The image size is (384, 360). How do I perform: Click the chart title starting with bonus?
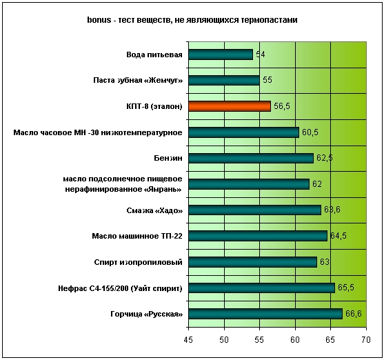(x=192, y=20)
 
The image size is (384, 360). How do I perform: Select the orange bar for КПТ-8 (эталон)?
(x=230, y=106)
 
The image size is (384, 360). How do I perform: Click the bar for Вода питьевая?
(x=221, y=54)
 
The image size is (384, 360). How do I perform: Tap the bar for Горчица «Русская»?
(x=265, y=314)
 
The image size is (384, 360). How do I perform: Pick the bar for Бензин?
(x=251, y=158)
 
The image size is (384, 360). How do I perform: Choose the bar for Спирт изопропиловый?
(x=253, y=262)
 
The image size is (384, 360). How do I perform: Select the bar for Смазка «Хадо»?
(x=254, y=210)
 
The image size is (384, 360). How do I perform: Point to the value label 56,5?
(x=282, y=106)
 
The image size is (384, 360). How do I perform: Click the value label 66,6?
(x=354, y=314)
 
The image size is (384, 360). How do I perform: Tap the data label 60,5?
(x=310, y=132)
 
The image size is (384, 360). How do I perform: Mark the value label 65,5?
(x=346, y=288)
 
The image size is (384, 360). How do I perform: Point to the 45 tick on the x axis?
(x=188, y=340)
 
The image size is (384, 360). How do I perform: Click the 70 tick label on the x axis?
(x=366, y=340)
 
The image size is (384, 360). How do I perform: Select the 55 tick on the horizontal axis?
(x=259, y=340)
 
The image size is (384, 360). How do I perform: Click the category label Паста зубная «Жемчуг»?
(x=138, y=81)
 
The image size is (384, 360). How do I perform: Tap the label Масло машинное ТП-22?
(x=137, y=236)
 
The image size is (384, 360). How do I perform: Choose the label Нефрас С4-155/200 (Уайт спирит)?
(x=120, y=288)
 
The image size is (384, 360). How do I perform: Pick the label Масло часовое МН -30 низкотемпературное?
(x=98, y=132)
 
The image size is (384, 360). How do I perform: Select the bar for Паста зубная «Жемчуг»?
(x=224, y=81)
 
